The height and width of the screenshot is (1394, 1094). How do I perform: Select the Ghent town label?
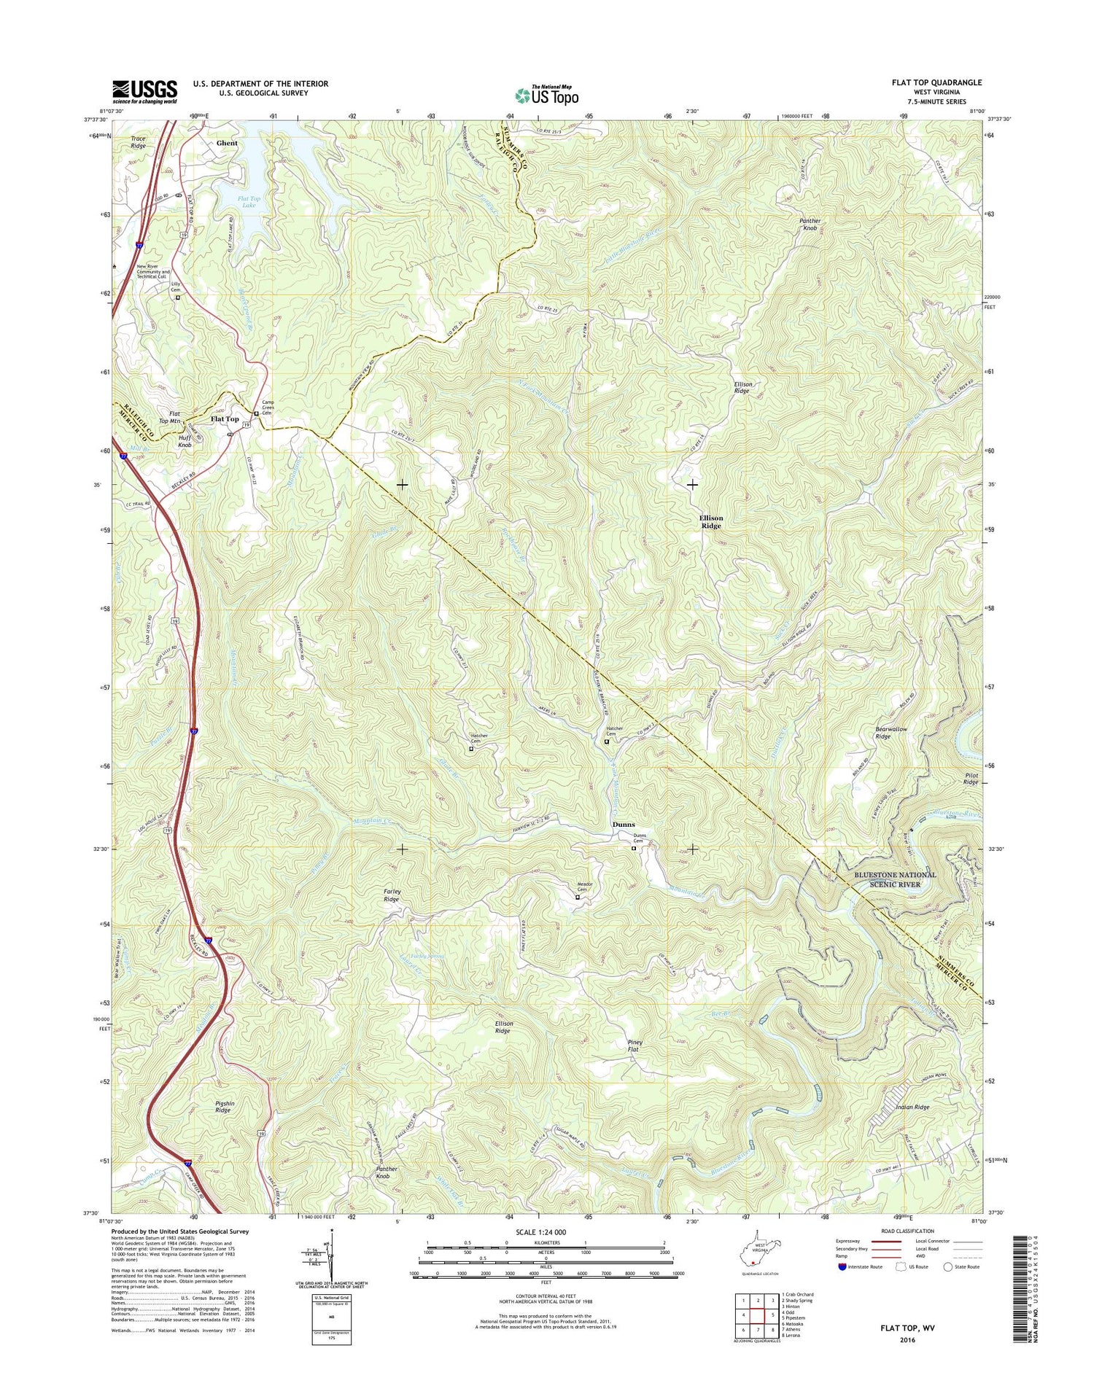pos(227,143)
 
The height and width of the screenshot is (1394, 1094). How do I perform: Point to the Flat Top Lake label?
pos(249,202)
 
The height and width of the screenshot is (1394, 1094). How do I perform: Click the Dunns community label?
pos(623,825)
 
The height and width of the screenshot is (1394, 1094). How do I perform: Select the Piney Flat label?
pos(633,1045)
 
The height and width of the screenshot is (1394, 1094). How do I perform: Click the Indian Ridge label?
pos(912,1107)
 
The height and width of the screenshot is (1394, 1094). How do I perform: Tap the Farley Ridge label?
pos(392,895)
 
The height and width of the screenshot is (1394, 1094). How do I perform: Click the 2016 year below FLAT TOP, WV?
pos(907,1339)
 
